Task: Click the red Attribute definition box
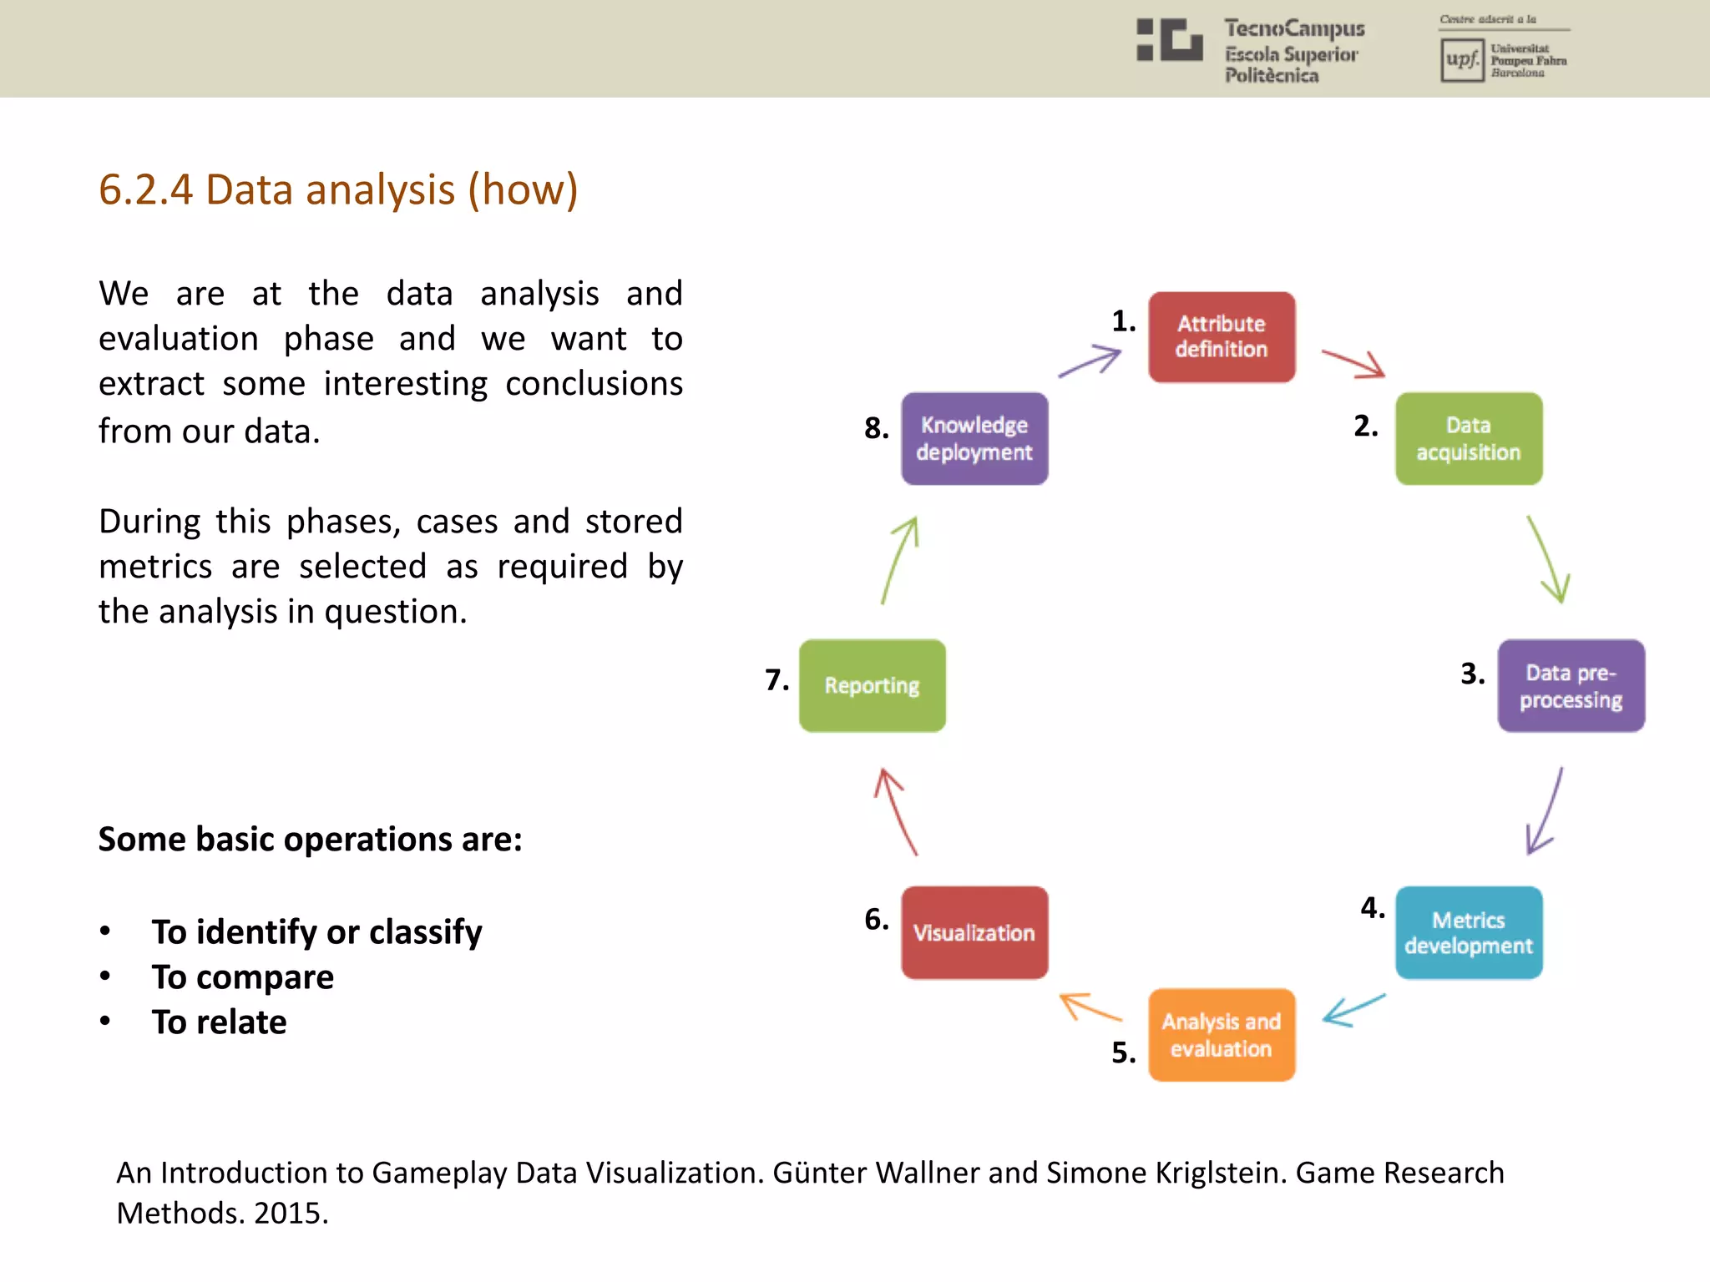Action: coord(1222,337)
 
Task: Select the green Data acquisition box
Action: coord(1469,439)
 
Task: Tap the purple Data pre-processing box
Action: coord(1571,686)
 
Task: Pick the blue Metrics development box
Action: coord(1469,932)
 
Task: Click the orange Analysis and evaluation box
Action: coord(1222,1035)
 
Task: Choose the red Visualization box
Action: coord(974,932)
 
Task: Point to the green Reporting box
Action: coord(873,686)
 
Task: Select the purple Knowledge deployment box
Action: coord(974,439)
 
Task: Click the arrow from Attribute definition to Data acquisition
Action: coord(1353,364)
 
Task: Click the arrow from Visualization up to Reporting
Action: coord(896,811)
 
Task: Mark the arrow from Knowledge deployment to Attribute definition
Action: coord(1090,362)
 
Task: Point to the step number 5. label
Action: coord(1124,1053)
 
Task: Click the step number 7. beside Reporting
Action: coord(777,680)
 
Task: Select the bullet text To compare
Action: coord(243,977)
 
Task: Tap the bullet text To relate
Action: coord(220,1022)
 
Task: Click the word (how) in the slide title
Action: coord(523,190)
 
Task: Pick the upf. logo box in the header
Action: coord(1462,60)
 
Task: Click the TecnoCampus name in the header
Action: coord(1294,29)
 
